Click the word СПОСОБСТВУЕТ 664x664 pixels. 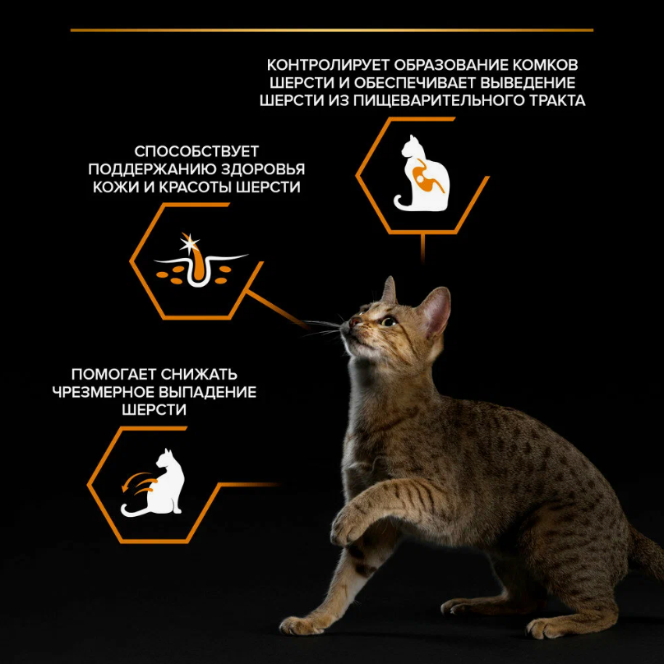[196, 151]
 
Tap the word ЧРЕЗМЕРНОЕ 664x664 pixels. [103, 392]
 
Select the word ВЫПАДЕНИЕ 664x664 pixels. [208, 392]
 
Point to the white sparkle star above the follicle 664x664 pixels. [189, 244]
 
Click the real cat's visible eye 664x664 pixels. [389, 321]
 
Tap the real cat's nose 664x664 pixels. [353, 322]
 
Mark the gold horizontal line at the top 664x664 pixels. [332, 30]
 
